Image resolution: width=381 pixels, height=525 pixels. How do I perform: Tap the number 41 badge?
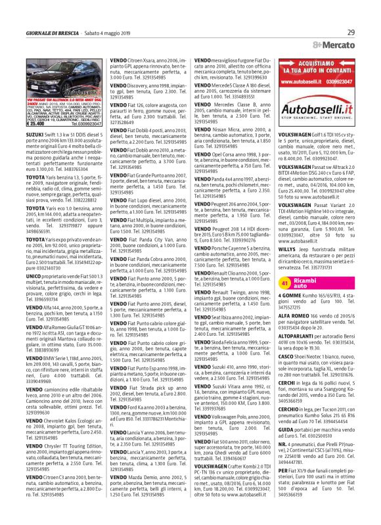point(286,265)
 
